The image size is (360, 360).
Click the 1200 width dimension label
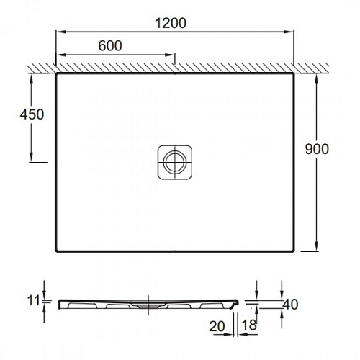click(171, 23)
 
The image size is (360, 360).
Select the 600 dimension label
click(110, 45)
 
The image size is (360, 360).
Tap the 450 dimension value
click(32, 114)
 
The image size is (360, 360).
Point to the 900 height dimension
click(317, 149)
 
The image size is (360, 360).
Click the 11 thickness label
click(33, 301)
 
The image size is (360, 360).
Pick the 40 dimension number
click(291, 305)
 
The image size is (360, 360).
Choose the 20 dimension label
click(217, 326)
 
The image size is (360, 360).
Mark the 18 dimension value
click(249, 325)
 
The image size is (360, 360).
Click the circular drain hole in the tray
click(175, 162)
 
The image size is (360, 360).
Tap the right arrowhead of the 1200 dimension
click(289, 32)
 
